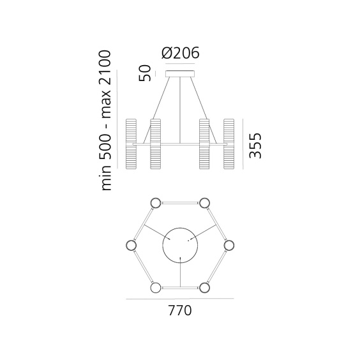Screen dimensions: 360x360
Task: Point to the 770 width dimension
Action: pos(180,311)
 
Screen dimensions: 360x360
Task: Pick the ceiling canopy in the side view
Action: pos(181,74)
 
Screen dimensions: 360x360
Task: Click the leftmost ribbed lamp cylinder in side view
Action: pos(132,144)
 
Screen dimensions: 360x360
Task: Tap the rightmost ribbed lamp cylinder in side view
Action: pos(229,144)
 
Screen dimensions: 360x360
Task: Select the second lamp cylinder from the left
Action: pos(155,144)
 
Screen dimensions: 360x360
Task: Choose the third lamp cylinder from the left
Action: pos(206,144)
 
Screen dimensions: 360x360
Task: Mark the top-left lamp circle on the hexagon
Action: pos(155,204)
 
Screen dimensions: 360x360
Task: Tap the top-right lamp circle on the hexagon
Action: pos(205,204)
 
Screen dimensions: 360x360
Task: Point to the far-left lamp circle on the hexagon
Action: pos(131,246)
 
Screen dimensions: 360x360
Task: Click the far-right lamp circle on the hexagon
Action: pos(229,246)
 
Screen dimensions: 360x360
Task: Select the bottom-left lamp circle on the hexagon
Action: pos(155,288)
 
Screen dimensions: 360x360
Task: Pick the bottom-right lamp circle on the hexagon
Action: pos(205,288)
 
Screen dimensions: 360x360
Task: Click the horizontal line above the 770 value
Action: pos(180,299)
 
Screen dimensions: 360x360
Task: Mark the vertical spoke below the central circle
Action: pos(181,276)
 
